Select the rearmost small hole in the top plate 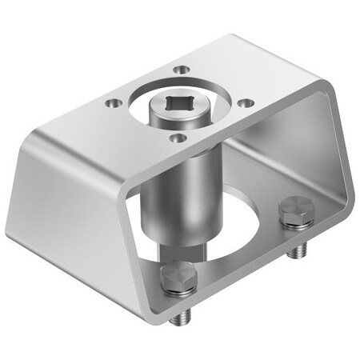185,70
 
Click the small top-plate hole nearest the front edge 180,138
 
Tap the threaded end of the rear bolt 298,250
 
